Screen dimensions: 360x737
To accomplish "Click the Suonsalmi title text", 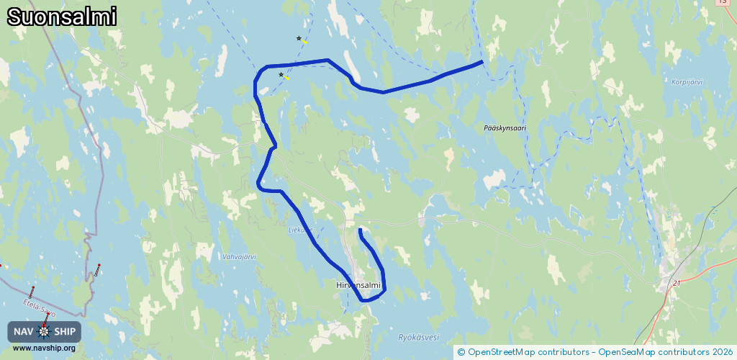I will tap(62, 17).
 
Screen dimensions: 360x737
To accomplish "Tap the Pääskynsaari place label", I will tap(505, 128).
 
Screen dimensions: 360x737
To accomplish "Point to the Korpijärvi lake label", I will tap(686, 82).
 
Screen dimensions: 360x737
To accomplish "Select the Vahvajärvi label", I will tap(240, 256).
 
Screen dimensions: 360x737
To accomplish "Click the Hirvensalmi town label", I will tap(358, 285).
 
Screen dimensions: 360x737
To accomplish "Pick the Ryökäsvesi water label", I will tap(418, 337).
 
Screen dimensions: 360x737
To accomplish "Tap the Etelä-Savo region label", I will tap(39, 309).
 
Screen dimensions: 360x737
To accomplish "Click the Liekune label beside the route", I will tap(300, 230).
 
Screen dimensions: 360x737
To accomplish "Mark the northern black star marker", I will tap(299, 38).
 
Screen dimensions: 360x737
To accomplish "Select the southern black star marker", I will tap(281, 74).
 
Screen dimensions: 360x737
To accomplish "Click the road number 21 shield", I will tap(677, 283).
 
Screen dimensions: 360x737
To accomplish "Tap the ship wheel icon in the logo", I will tap(45, 331).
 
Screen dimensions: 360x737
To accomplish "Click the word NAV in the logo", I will tap(24, 331).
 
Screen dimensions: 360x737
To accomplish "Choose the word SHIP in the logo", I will tap(65, 331).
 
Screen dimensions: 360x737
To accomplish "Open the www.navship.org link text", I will tap(44, 348).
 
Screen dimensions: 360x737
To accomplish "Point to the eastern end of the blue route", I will tap(481, 62).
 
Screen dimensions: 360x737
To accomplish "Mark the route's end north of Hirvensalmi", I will tap(359, 230).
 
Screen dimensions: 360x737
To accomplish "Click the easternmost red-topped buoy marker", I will tap(99, 266).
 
